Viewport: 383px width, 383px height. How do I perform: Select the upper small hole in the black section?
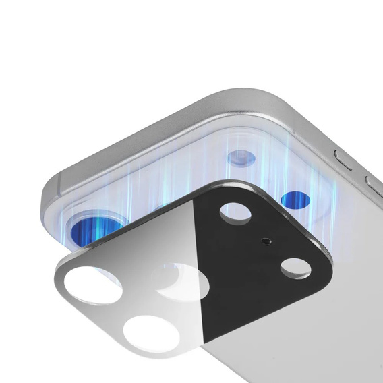coord(236,212)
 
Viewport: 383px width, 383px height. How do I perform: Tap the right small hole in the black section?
coord(295,268)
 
